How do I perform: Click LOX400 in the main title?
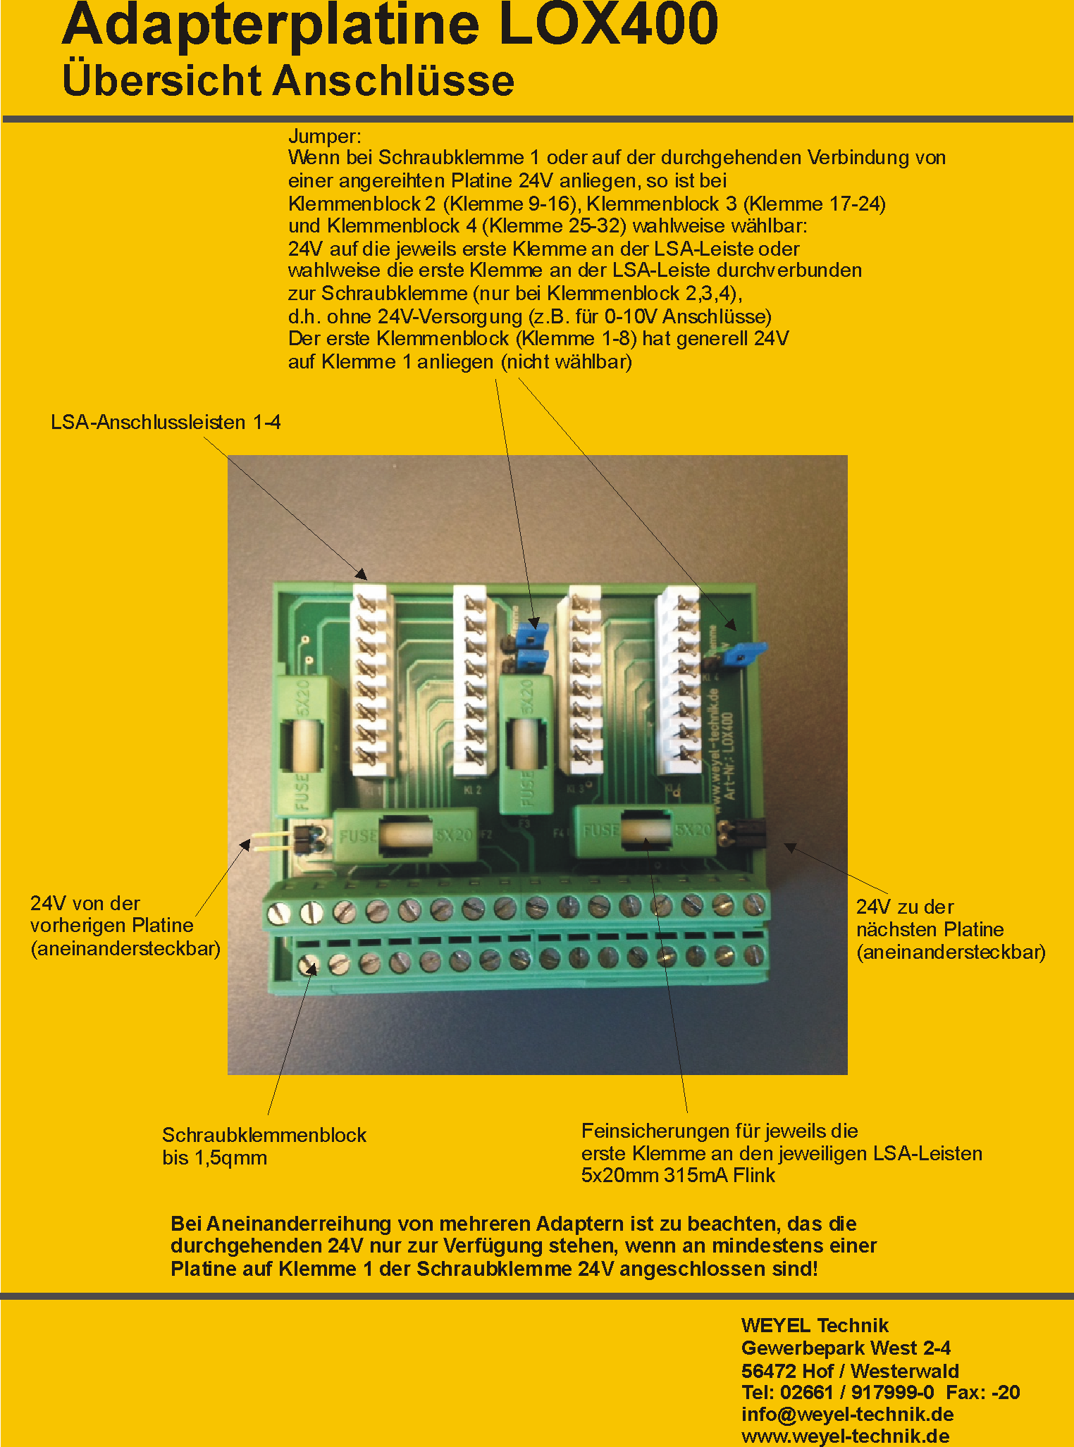point(607,25)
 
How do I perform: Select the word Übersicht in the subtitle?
point(162,80)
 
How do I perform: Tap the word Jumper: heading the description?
point(324,136)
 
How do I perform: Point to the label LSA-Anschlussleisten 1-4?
point(166,422)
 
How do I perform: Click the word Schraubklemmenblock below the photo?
point(264,1135)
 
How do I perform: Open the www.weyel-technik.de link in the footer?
point(845,1436)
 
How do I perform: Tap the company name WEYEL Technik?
point(815,1325)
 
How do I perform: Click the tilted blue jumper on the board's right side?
point(745,653)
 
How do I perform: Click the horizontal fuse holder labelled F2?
point(405,836)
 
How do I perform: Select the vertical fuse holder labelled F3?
point(525,744)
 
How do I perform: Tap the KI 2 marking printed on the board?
point(473,790)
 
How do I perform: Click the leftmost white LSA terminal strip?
point(371,679)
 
